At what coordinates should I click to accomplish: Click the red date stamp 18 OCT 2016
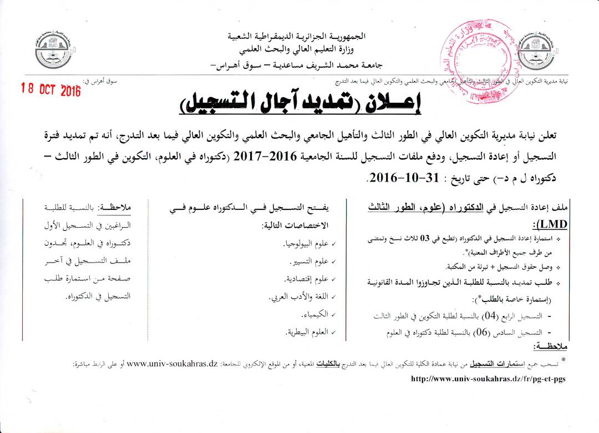point(50,89)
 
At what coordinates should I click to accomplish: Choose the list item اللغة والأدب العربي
point(299,296)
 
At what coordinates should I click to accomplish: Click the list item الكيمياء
point(314,314)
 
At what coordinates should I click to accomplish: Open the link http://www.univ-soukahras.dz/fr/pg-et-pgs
point(488,379)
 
